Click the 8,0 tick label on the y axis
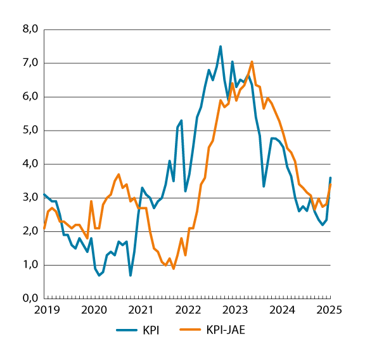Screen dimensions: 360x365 (x=30, y=30)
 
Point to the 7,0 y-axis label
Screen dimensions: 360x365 (x=30, y=63)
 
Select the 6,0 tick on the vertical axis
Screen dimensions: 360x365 (x=30, y=97)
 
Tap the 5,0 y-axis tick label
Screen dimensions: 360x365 (x=30, y=131)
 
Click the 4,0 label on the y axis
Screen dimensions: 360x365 (x=30, y=164)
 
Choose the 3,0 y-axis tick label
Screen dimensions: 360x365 (x=30, y=198)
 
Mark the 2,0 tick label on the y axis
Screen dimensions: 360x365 (x=30, y=231)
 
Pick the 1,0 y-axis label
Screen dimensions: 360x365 (x=30, y=265)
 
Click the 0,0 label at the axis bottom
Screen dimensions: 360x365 (x=30, y=298)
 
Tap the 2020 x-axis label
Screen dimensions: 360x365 (x=94, y=310)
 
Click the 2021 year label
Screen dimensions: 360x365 (x=141, y=310)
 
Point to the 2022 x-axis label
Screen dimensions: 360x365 (x=188, y=310)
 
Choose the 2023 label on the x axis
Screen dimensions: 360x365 (x=235, y=310)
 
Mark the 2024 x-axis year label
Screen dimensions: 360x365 (x=283, y=310)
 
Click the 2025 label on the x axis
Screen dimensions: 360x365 (x=330, y=310)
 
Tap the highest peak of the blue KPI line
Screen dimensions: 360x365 (x=221, y=46)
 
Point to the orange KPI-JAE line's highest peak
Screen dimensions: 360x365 (x=252, y=61)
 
